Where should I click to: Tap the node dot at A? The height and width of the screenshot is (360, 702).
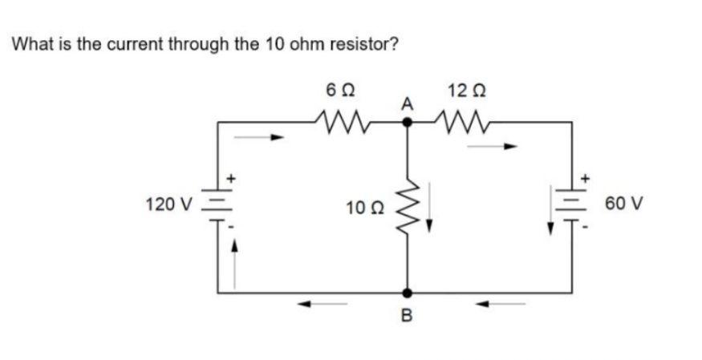[x=407, y=123]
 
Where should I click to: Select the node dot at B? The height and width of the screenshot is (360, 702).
[x=407, y=293]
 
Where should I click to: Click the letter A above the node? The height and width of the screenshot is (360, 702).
[x=407, y=104]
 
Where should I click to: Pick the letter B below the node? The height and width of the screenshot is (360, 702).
[x=407, y=318]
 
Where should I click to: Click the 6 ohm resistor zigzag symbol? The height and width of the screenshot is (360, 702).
[x=343, y=123]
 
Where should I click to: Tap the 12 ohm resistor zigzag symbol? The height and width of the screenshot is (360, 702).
[x=462, y=123]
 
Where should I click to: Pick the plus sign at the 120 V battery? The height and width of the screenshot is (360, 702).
[x=232, y=176]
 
